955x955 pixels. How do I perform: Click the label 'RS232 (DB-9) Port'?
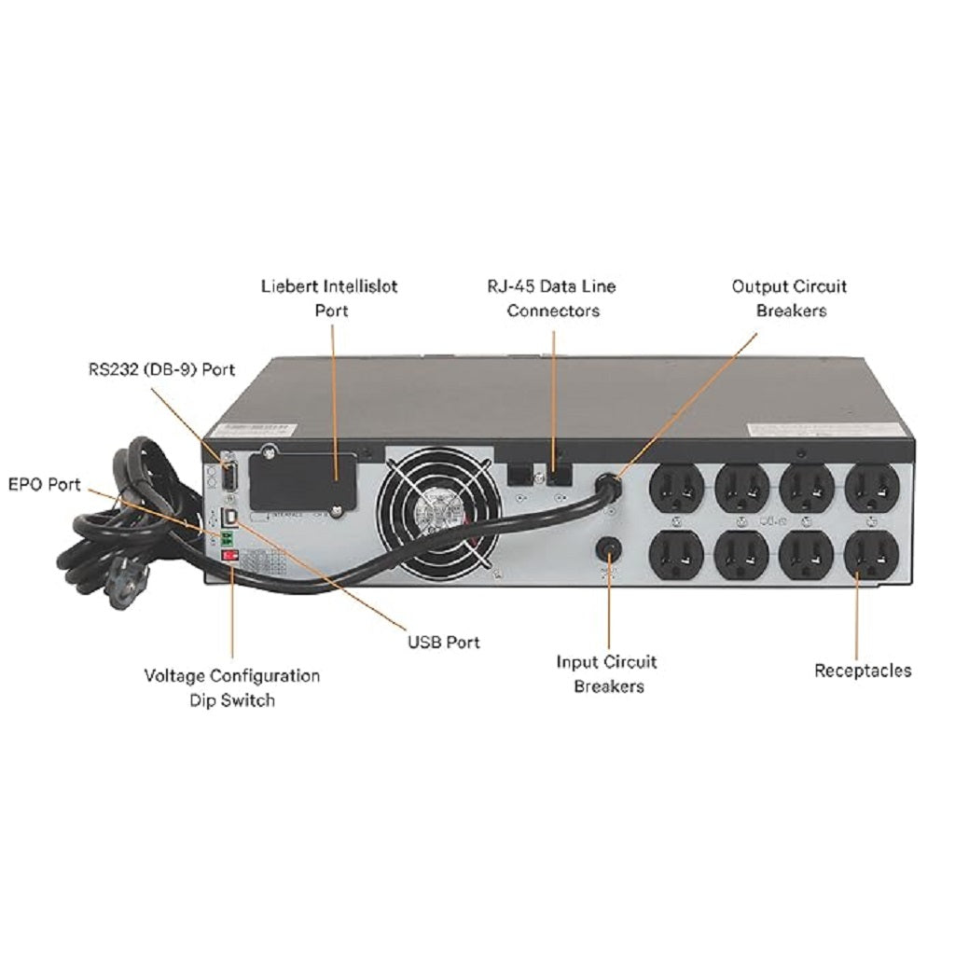(156, 368)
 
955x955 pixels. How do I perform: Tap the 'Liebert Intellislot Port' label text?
(328, 298)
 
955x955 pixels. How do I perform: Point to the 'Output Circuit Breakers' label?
(789, 298)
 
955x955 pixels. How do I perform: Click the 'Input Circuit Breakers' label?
(606, 673)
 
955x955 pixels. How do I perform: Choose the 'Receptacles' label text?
(863, 670)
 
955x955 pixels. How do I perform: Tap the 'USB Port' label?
(443, 642)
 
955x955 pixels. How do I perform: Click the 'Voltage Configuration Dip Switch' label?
(231, 686)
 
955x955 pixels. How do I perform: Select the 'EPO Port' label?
(44, 485)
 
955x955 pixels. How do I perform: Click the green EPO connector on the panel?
(226, 537)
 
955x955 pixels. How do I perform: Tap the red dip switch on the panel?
(227, 557)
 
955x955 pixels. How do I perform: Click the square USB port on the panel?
(228, 515)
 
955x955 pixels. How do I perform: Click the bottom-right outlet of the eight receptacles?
(871, 555)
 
